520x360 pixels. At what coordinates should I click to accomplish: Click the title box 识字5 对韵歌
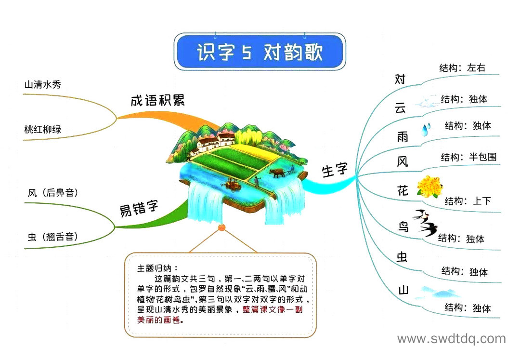click(260, 52)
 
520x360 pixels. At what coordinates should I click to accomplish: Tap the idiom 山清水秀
click(42, 85)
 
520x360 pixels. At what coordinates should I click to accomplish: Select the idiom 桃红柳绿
click(42, 130)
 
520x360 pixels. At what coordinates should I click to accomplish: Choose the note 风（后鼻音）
click(53, 193)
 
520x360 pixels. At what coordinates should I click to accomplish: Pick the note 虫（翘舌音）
click(53, 237)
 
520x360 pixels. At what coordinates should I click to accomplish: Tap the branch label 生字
click(335, 170)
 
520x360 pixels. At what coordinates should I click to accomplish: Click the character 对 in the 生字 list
click(400, 80)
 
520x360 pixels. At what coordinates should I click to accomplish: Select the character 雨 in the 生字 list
click(402, 136)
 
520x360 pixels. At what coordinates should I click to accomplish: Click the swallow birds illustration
click(425, 222)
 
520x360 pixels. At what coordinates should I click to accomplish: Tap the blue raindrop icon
click(426, 129)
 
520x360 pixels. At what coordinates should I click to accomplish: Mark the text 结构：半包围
click(468, 157)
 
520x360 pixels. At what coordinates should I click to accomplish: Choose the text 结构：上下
click(468, 201)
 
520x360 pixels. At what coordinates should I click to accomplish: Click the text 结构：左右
click(462, 67)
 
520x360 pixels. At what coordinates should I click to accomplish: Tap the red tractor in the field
click(234, 185)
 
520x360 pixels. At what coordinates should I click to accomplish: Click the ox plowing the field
click(276, 173)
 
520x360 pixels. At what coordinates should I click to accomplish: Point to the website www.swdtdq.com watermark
click(452, 339)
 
